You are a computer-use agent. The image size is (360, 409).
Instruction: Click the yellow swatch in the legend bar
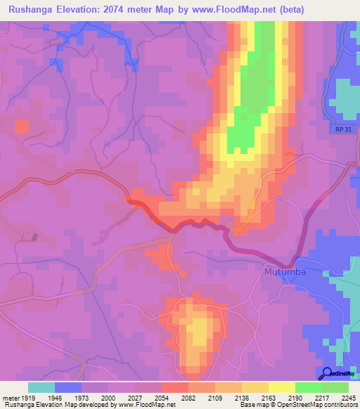(282, 387)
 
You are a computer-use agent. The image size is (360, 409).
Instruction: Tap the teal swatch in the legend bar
(41, 387)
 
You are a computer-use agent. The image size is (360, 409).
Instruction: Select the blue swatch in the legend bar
(68, 387)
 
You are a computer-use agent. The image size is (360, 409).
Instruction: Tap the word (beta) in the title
(334, 8)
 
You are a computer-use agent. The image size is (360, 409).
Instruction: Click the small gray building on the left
(34, 237)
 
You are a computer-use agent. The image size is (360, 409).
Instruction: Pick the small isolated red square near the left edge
(22, 126)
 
